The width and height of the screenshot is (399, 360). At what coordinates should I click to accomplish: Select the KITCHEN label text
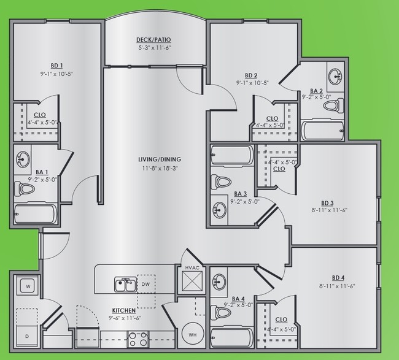pyautogui.click(x=123, y=311)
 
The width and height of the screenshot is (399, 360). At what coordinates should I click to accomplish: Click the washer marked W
pyautogui.click(x=28, y=286)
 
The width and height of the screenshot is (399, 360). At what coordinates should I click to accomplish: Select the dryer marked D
pyautogui.click(x=28, y=336)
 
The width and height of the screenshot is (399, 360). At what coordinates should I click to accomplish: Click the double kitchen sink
pyautogui.click(x=126, y=285)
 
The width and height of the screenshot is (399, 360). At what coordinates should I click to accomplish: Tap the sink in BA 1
pyautogui.click(x=23, y=159)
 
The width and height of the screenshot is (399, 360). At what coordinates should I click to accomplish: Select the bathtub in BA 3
pyautogui.click(x=231, y=155)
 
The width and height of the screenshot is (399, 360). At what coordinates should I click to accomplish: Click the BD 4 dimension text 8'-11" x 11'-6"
pyautogui.click(x=337, y=286)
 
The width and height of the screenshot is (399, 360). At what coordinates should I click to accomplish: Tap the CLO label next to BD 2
pyautogui.click(x=272, y=119)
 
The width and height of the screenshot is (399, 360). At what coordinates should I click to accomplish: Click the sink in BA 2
pyautogui.click(x=335, y=77)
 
